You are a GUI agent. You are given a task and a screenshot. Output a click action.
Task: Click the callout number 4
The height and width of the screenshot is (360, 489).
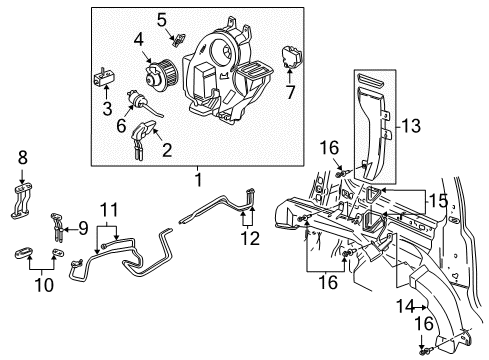140,40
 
